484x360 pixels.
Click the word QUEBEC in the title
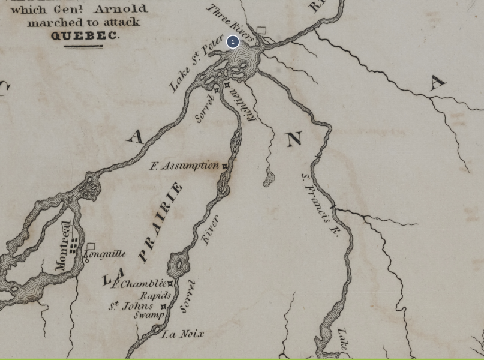click(85, 35)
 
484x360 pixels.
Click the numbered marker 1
click(233, 42)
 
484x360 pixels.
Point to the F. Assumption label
click(184, 166)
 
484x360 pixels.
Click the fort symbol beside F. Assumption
click(225, 166)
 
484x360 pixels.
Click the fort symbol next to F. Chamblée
click(170, 284)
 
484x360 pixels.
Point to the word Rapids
click(155, 296)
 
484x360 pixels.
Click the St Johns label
click(131, 306)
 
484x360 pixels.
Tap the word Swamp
click(148, 315)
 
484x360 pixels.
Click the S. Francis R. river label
click(320, 204)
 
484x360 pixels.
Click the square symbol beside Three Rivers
click(261, 30)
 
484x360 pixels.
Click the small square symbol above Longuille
click(91, 246)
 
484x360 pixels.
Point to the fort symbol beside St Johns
click(163, 307)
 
